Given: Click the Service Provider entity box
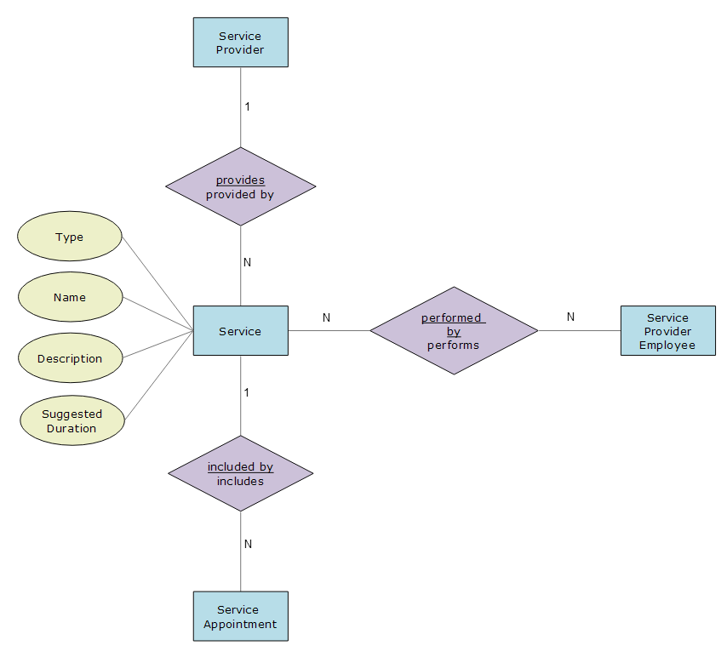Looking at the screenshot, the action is pyautogui.click(x=241, y=43).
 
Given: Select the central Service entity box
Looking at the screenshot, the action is pyautogui.click(x=241, y=330).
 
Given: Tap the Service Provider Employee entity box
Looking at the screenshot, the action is pyautogui.click(x=668, y=330).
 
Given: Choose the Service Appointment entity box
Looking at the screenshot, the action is pyautogui.click(x=241, y=616).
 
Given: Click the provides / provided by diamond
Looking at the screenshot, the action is pyautogui.click(x=241, y=186).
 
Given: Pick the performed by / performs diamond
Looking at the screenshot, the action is pyautogui.click(x=454, y=330).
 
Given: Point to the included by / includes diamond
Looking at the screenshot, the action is pyautogui.click(x=241, y=473).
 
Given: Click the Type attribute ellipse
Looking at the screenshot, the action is pyautogui.click(x=70, y=236).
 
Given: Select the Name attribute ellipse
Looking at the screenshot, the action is pyautogui.click(x=71, y=297).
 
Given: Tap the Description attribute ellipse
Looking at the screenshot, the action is pyautogui.click(x=71, y=357).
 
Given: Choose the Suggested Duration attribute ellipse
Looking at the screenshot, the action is pyautogui.click(x=72, y=420).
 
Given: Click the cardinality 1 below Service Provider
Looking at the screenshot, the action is pyautogui.click(x=248, y=106).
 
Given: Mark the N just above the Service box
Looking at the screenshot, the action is pyautogui.click(x=247, y=262).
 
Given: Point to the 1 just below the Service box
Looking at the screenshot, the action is pyautogui.click(x=247, y=392).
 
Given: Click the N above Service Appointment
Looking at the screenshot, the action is pyautogui.click(x=248, y=544).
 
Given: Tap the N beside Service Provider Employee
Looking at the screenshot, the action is pyautogui.click(x=570, y=317).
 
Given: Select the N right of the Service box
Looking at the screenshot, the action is pyautogui.click(x=326, y=317).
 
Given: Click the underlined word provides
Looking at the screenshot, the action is pyautogui.click(x=241, y=180).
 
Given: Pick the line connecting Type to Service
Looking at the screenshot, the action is pyautogui.click(x=157, y=283).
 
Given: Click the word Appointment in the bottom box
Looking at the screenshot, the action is pyautogui.click(x=240, y=625).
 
